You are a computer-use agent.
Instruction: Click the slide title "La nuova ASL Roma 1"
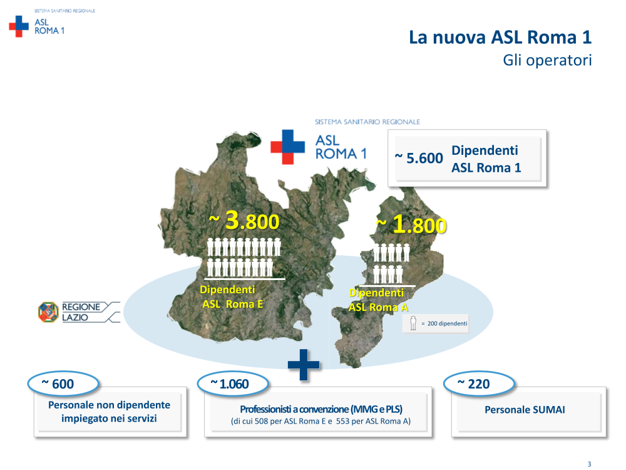click(x=500, y=37)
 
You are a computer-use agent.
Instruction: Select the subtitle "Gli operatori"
click(x=547, y=60)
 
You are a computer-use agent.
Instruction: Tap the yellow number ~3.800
click(x=244, y=221)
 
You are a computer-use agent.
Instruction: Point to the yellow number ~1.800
click(x=411, y=224)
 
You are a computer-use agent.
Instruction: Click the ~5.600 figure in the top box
click(x=419, y=158)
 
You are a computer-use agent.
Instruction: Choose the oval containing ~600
click(x=63, y=384)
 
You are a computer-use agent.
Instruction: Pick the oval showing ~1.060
click(x=233, y=384)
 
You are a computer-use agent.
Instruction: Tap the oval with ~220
click(x=479, y=384)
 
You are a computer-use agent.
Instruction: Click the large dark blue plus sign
click(x=304, y=365)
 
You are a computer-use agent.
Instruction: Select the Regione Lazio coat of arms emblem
click(x=48, y=312)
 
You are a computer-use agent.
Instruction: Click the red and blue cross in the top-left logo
click(x=19, y=26)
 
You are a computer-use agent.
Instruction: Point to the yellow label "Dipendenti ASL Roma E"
click(x=232, y=297)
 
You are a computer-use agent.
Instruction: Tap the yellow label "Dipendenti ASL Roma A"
click(x=378, y=300)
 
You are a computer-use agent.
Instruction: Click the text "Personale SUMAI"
click(x=525, y=410)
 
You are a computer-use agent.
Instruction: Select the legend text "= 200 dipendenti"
click(x=444, y=324)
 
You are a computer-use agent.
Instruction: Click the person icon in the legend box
click(x=413, y=323)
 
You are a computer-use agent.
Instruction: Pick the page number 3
click(x=589, y=464)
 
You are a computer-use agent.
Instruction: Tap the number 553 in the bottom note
click(x=342, y=421)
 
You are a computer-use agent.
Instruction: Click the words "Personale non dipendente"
click(x=109, y=405)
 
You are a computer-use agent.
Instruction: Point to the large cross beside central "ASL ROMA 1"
click(x=287, y=147)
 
